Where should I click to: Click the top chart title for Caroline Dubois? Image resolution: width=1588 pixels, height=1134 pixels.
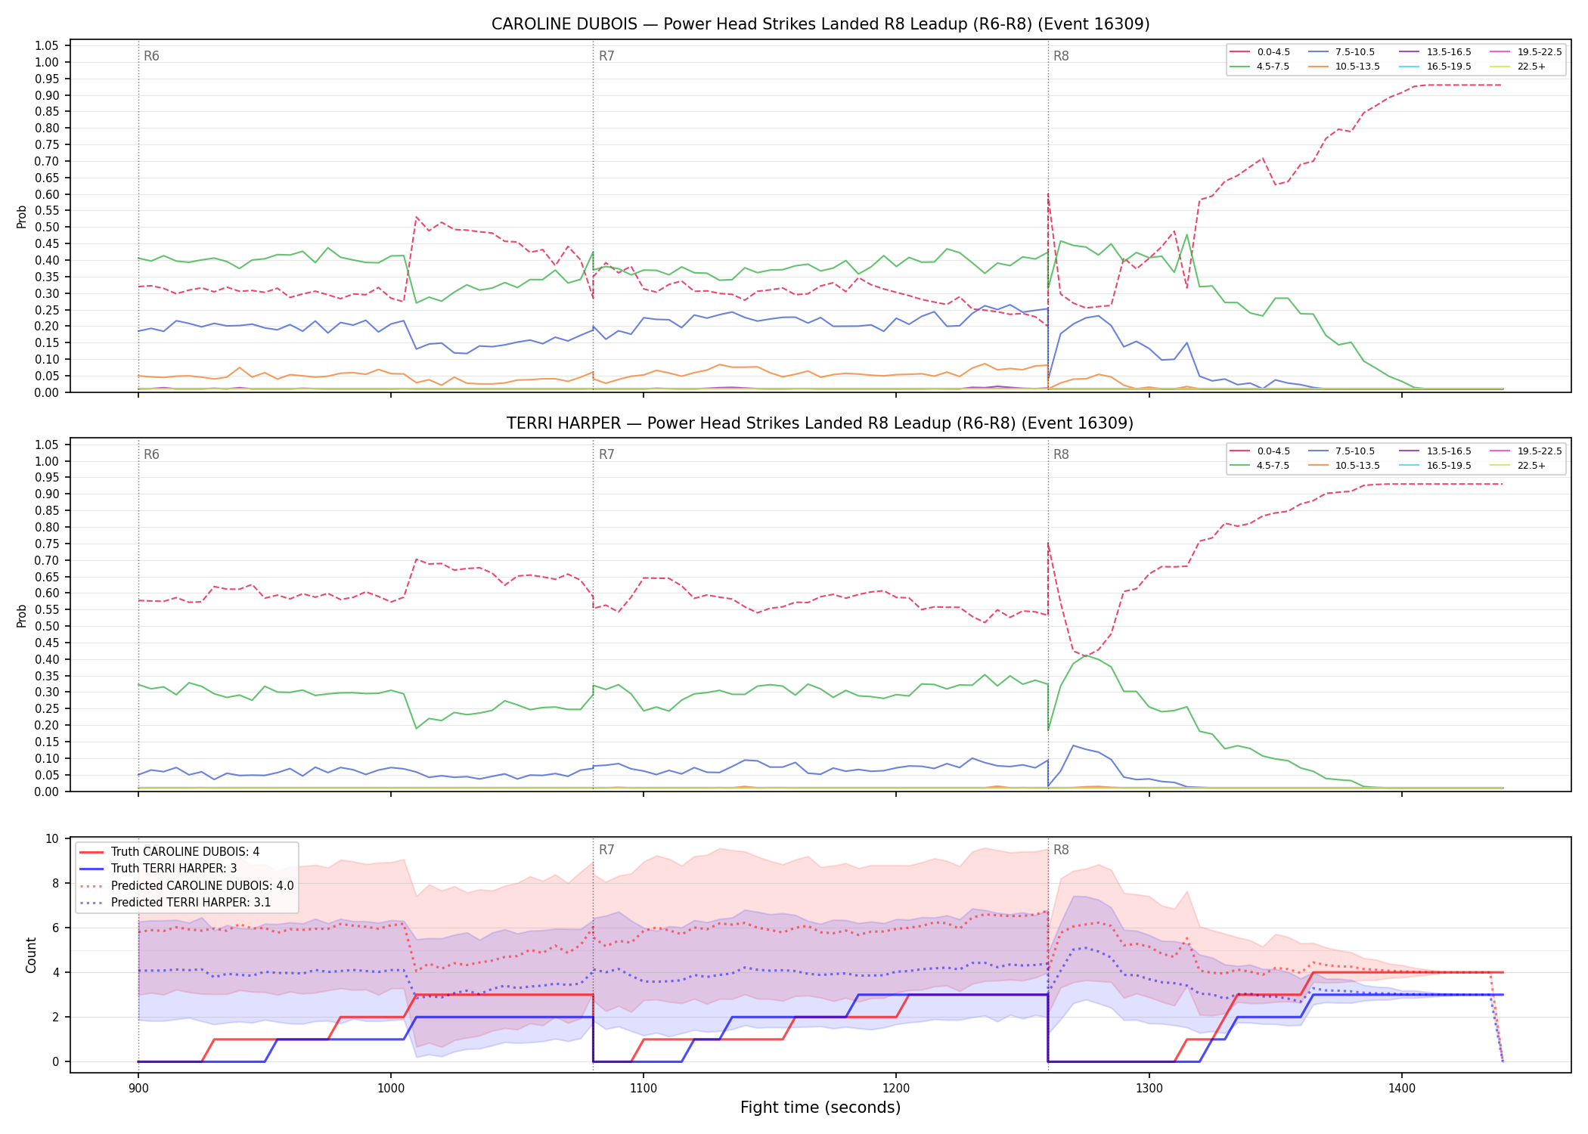[820, 24]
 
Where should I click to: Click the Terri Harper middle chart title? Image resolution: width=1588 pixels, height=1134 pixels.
[820, 423]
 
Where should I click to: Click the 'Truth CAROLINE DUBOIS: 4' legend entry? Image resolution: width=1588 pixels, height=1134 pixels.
[169, 852]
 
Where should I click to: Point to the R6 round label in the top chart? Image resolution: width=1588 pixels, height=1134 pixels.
[151, 56]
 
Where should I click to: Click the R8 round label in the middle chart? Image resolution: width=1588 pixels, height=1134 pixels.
[1061, 454]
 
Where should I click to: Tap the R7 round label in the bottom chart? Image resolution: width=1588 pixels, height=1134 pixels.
[606, 850]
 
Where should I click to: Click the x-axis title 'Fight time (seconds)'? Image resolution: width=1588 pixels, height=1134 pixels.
[820, 1108]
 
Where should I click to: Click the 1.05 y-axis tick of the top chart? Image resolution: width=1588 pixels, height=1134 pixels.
[47, 46]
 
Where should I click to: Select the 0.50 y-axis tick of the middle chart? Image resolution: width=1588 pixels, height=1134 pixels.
[47, 626]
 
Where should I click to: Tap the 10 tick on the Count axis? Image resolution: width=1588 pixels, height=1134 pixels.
[52, 838]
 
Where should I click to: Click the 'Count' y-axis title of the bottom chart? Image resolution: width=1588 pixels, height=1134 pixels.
[31, 955]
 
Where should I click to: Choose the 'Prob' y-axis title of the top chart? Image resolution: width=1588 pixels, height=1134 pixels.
[22, 217]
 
